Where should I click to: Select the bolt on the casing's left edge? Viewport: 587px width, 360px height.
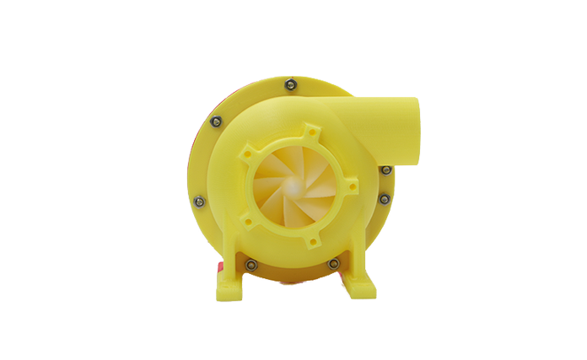click(x=197, y=201)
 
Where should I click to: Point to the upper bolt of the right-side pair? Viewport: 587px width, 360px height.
click(x=385, y=169)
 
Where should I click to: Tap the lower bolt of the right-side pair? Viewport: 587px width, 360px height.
click(x=385, y=200)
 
